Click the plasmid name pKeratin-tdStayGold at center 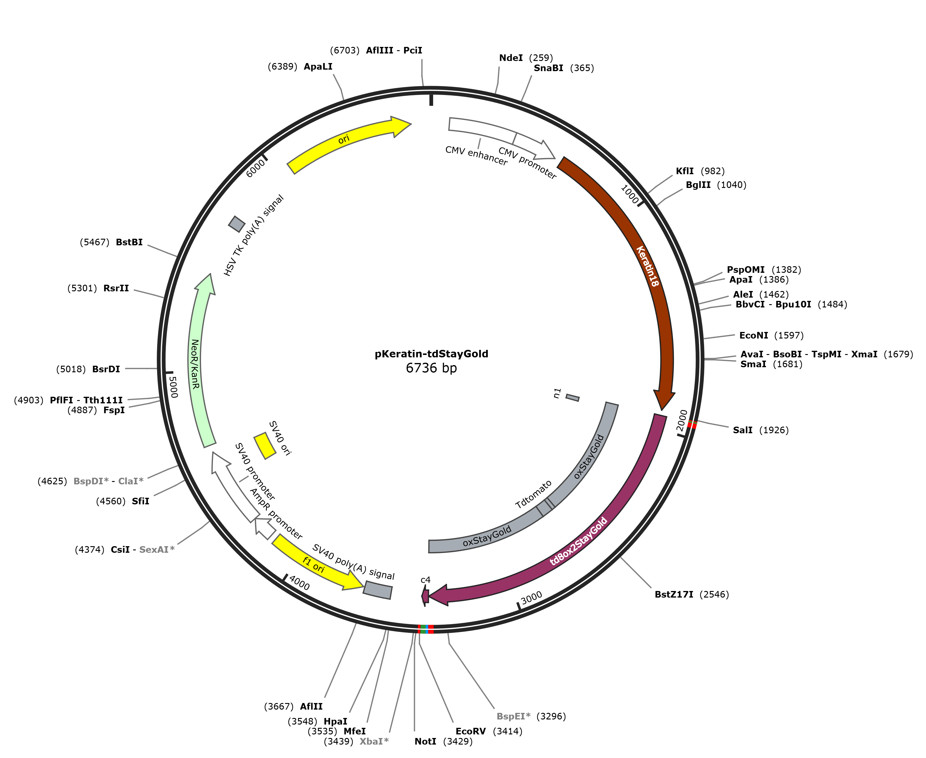pos(431,354)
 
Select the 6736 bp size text pos(431,368)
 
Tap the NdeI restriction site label pos(511,58)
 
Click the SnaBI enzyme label pos(548,68)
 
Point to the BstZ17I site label pos(674,594)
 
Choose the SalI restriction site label pos(743,430)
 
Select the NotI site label pos(425,741)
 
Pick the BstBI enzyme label pos(129,242)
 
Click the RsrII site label pos(116,288)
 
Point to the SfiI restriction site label pos(141,501)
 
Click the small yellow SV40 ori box pos(265,446)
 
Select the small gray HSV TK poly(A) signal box pos(237,224)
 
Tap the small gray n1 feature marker pos(572,397)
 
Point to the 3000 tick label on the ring pos(532,597)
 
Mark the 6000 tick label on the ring pos(255,168)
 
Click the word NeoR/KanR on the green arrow pos(195,364)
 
